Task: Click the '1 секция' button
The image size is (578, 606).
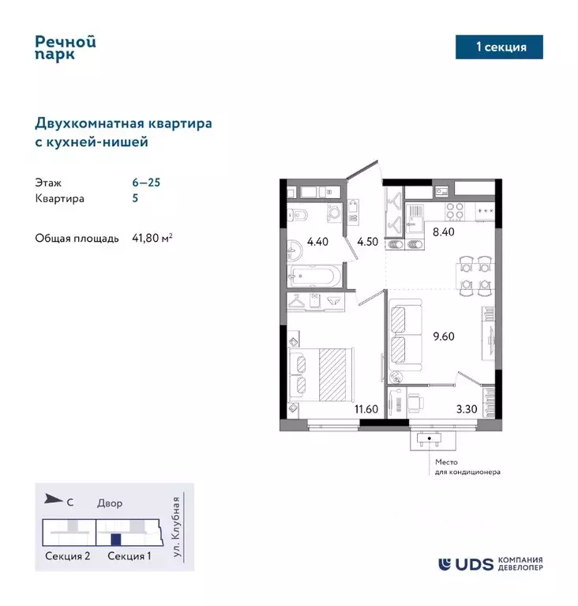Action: (x=501, y=47)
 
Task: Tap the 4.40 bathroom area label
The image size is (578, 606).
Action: (x=317, y=242)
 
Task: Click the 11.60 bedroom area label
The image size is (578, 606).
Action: (x=366, y=409)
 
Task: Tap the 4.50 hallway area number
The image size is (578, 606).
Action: (x=366, y=242)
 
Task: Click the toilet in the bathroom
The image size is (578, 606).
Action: (x=299, y=216)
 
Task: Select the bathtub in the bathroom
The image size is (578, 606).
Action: (x=315, y=277)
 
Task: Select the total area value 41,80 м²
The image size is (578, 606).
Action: (x=152, y=238)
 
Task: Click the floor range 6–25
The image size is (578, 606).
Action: (x=146, y=182)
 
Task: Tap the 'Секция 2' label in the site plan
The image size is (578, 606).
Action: (x=67, y=556)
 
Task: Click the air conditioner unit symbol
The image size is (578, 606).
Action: (x=430, y=440)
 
